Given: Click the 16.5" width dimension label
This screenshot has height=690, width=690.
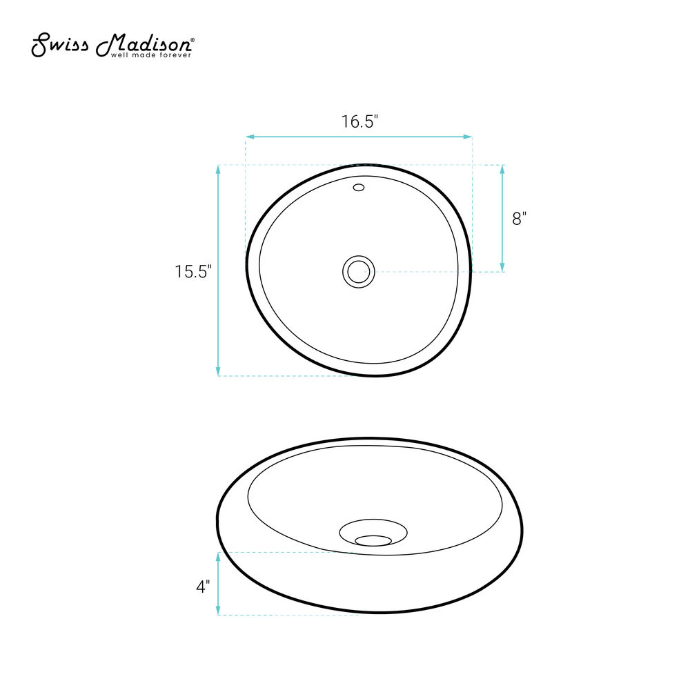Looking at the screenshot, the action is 359,121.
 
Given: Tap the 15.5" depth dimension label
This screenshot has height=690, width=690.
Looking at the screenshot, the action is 193,271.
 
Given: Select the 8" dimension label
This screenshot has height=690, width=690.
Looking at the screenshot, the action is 520,218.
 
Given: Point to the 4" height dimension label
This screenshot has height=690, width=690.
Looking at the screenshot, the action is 203,586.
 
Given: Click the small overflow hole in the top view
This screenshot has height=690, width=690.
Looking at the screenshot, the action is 359,188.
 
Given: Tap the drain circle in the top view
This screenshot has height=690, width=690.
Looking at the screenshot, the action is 359,272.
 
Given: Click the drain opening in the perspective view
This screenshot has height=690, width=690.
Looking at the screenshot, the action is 373,540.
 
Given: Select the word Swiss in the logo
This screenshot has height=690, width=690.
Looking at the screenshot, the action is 59,45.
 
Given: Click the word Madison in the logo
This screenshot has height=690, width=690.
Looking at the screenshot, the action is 143,45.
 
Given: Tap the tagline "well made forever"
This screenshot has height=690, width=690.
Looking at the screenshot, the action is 151,55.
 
